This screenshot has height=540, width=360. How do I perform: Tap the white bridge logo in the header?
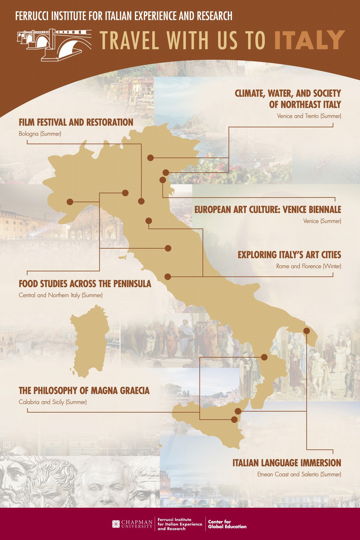54,44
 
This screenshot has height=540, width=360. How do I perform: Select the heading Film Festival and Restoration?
76,122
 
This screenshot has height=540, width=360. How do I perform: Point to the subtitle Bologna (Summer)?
40,134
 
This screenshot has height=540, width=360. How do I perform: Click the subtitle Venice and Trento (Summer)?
309,116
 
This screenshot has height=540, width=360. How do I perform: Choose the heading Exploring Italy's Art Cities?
289,255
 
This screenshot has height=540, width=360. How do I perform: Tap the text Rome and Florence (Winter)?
309,266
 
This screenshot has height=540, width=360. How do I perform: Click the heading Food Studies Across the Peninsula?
85,284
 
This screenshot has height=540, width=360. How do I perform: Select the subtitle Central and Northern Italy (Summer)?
60,295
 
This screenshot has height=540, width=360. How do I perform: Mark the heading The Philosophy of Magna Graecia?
84,391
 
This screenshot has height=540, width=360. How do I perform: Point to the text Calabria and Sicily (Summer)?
53,402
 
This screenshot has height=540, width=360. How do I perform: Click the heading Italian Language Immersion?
287,463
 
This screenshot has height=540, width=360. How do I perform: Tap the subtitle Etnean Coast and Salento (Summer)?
299,474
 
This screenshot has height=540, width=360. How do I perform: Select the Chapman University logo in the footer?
132,524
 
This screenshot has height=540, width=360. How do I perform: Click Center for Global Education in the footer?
227,524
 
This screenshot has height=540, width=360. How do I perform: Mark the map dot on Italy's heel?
307,330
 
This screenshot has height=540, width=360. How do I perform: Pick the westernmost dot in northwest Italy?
70,202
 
